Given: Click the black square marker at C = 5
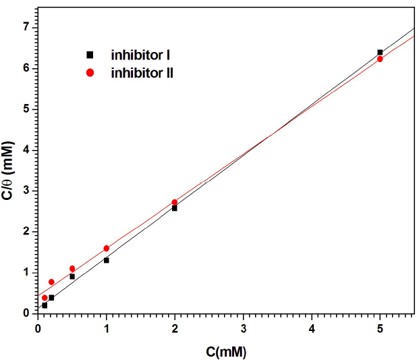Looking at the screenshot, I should click(x=380, y=52).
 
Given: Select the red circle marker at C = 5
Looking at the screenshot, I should click(x=380, y=59).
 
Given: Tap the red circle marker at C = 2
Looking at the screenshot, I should click(x=175, y=202).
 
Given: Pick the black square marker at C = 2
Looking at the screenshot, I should click(x=175, y=208).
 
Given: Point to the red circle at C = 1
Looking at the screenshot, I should click(x=107, y=249).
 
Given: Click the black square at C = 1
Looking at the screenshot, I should click(x=107, y=260).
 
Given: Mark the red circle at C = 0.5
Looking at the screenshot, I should click(x=72, y=269).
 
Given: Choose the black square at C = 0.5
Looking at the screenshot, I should click(x=72, y=276).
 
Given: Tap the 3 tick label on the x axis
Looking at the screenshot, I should click(x=244, y=329).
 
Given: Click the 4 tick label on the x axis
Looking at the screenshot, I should click(x=312, y=329).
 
